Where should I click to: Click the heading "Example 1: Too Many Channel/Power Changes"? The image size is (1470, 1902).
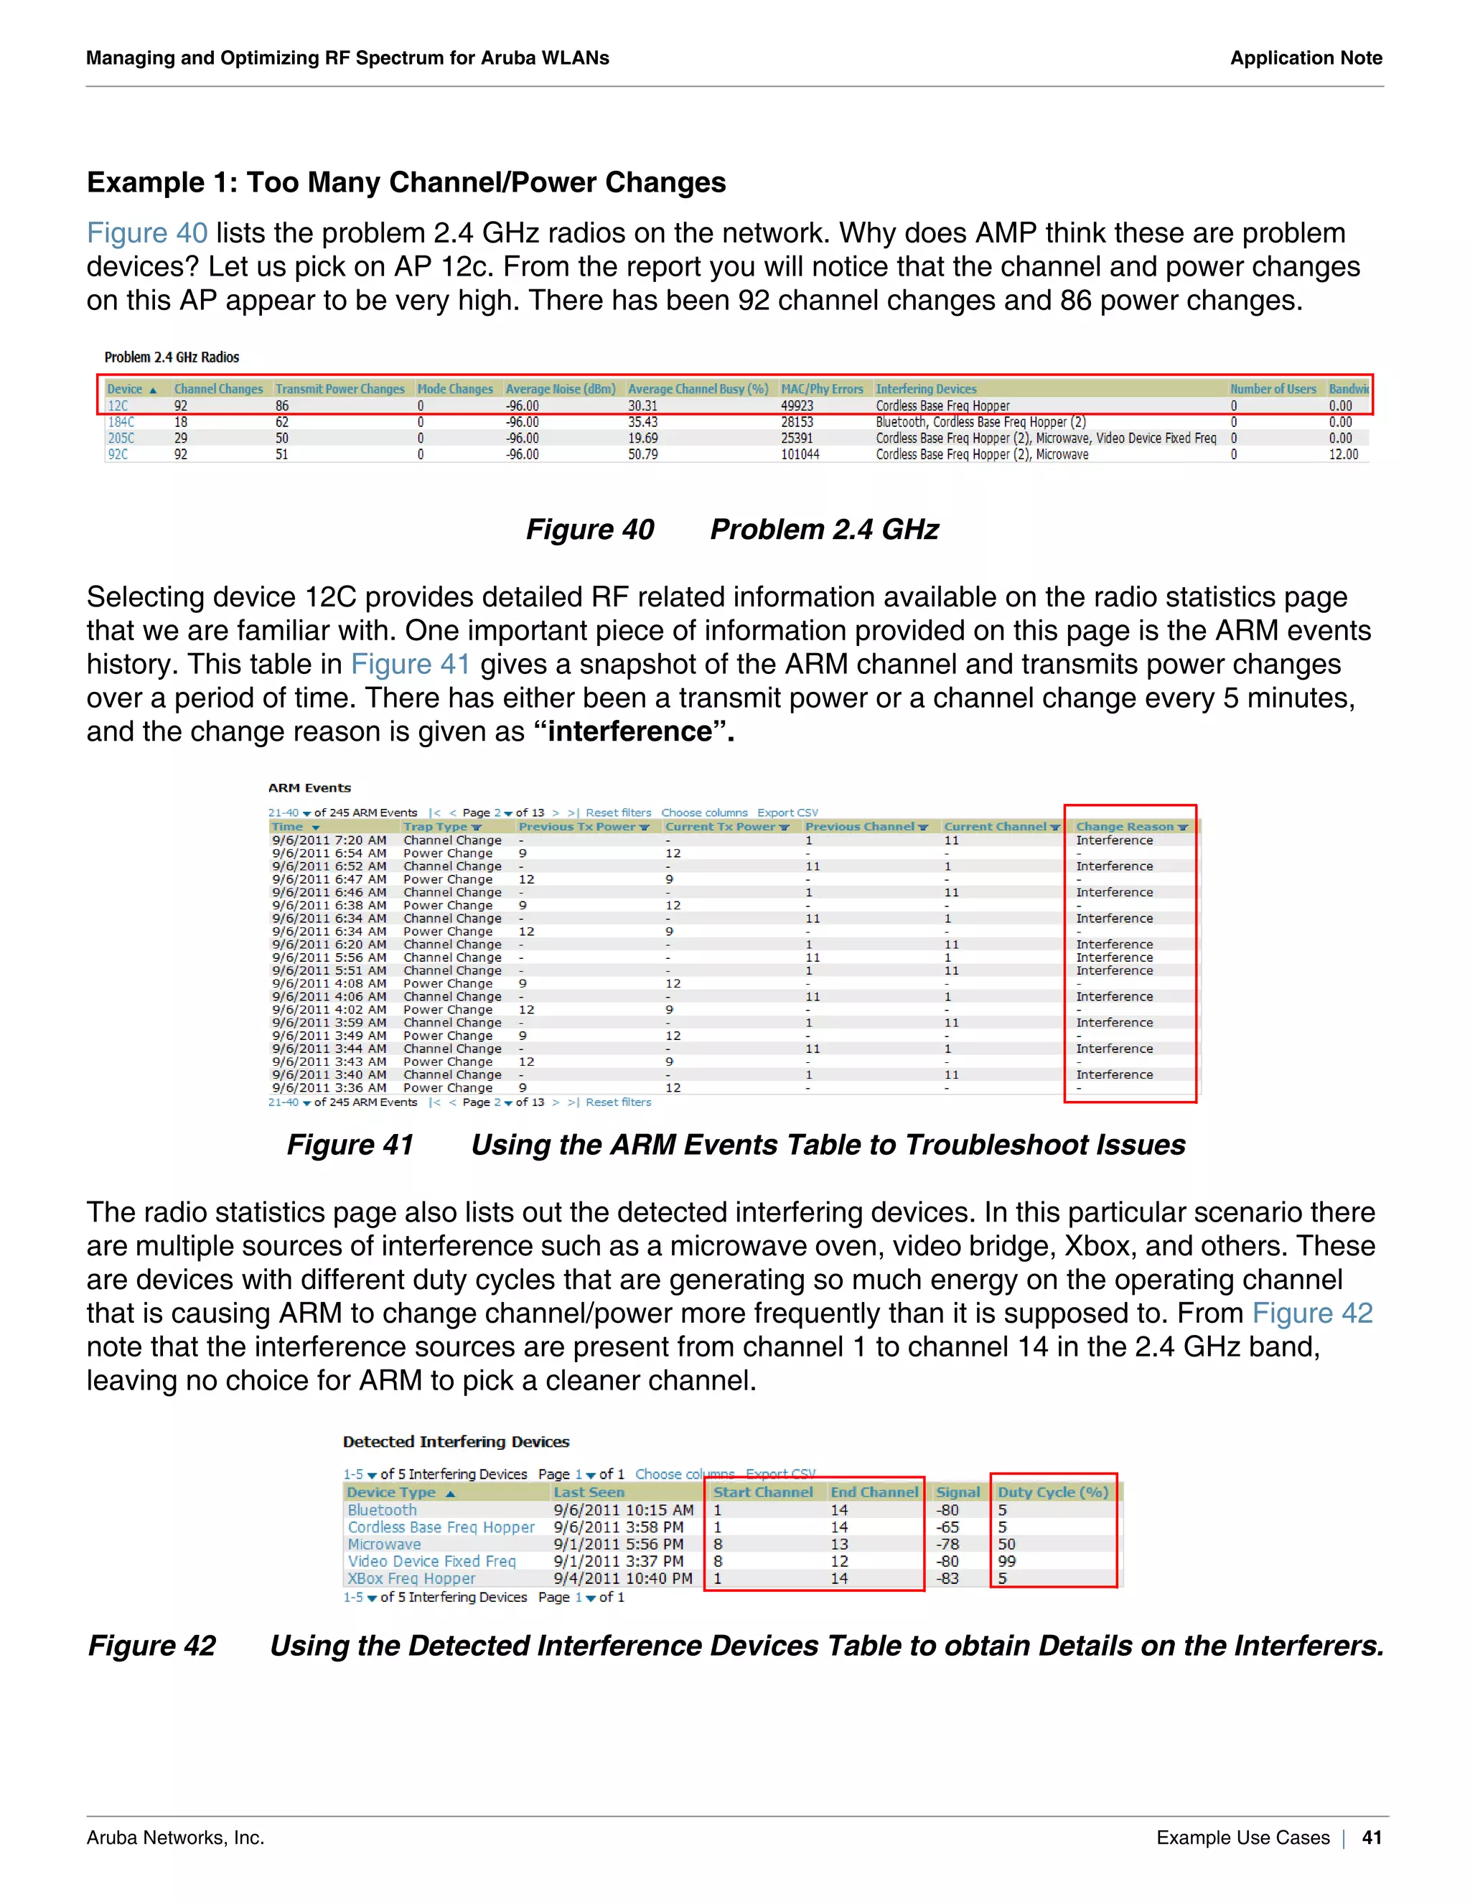point(406,183)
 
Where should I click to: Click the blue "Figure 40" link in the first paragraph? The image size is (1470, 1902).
point(146,233)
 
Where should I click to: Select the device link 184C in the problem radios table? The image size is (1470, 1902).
point(121,422)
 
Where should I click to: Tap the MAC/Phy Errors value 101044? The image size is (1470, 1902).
point(800,454)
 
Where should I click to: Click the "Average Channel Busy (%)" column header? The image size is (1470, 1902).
point(698,389)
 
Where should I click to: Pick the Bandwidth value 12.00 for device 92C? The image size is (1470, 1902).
point(1343,454)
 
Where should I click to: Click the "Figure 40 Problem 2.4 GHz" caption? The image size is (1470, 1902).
point(732,530)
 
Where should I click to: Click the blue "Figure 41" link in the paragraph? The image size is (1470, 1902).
point(410,665)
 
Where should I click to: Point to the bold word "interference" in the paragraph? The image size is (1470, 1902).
point(629,731)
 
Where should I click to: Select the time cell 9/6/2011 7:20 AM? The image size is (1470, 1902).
point(328,840)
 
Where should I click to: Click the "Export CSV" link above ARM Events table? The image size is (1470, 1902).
point(787,812)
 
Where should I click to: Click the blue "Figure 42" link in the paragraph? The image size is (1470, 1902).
point(1311,1313)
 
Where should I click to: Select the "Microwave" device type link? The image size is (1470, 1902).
point(384,1544)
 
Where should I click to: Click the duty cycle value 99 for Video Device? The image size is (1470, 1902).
point(1007,1562)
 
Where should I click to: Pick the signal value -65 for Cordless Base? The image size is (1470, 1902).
point(947,1527)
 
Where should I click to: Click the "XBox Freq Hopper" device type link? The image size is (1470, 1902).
point(411,1578)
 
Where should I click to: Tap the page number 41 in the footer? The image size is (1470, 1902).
point(1372,1837)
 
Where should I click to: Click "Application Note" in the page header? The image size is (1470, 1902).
point(1306,58)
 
